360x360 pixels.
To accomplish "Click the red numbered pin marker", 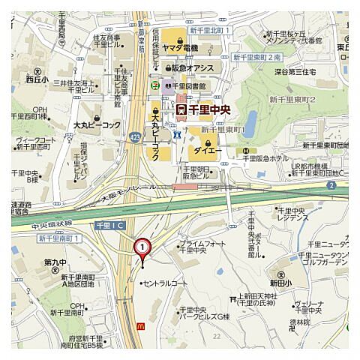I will tap(141, 248).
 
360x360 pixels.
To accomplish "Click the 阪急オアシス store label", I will tap(188, 68).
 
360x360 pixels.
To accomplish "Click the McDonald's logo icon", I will tap(141, 325).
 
